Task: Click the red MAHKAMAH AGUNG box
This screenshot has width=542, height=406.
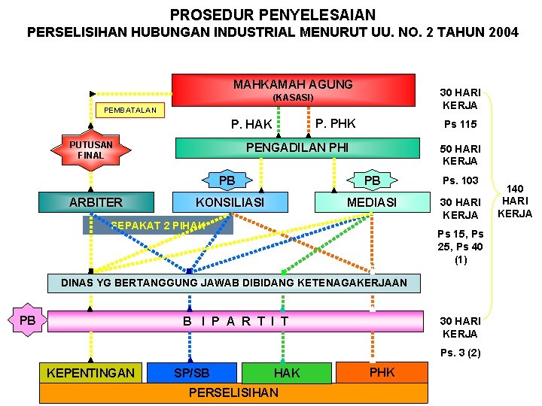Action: pyautogui.click(x=294, y=89)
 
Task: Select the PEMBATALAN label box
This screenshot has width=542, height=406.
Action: pyautogui.click(x=130, y=111)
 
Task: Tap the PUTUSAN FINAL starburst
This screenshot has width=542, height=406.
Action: pyautogui.click(x=92, y=150)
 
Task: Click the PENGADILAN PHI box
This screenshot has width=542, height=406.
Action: pyautogui.click(x=297, y=147)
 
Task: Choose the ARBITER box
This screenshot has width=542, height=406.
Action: pyautogui.click(x=96, y=202)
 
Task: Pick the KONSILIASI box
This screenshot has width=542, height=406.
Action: pyautogui.click(x=230, y=202)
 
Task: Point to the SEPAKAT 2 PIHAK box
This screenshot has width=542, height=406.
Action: pyautogui.click(x=158, y=225)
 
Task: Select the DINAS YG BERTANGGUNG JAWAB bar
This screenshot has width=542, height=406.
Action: pyautogui.click(x=233, y=283)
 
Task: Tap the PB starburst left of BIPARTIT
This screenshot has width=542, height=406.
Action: pyautogui.click(x=28, y=321)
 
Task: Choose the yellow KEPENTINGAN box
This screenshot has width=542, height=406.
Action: pyautogui.click(x=90, y=372)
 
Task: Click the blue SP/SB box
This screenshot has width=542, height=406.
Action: pyautogui.click(x=192, y=373)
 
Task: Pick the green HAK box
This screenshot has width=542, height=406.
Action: pyautogui.click(x=286, y=373)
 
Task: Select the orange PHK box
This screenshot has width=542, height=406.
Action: pyautogui.click(x=382, y=371)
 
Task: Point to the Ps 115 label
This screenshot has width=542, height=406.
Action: pyautogui.click(x=461, y=124)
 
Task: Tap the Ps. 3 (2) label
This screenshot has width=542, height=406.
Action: pyautogui.click(x=461, y=353)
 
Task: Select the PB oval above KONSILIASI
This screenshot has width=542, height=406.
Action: pyautogui.click(x=227, y=180)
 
